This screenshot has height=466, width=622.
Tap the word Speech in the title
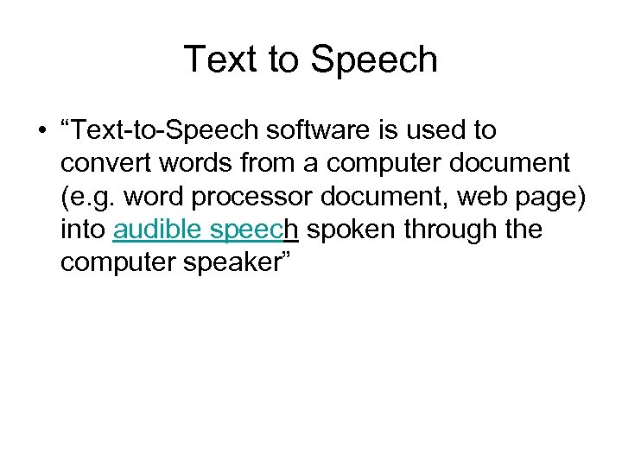pyautogui.click(x=373, y=60)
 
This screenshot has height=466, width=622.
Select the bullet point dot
pyautogui.click(x=41, y=131)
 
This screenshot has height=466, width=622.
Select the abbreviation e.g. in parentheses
pyautogui.click(x=94, y=197)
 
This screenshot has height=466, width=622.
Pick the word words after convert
pyautogui.click(x=186, y=164)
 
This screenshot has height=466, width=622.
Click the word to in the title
pyautogui.click(x=282, y=60)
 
